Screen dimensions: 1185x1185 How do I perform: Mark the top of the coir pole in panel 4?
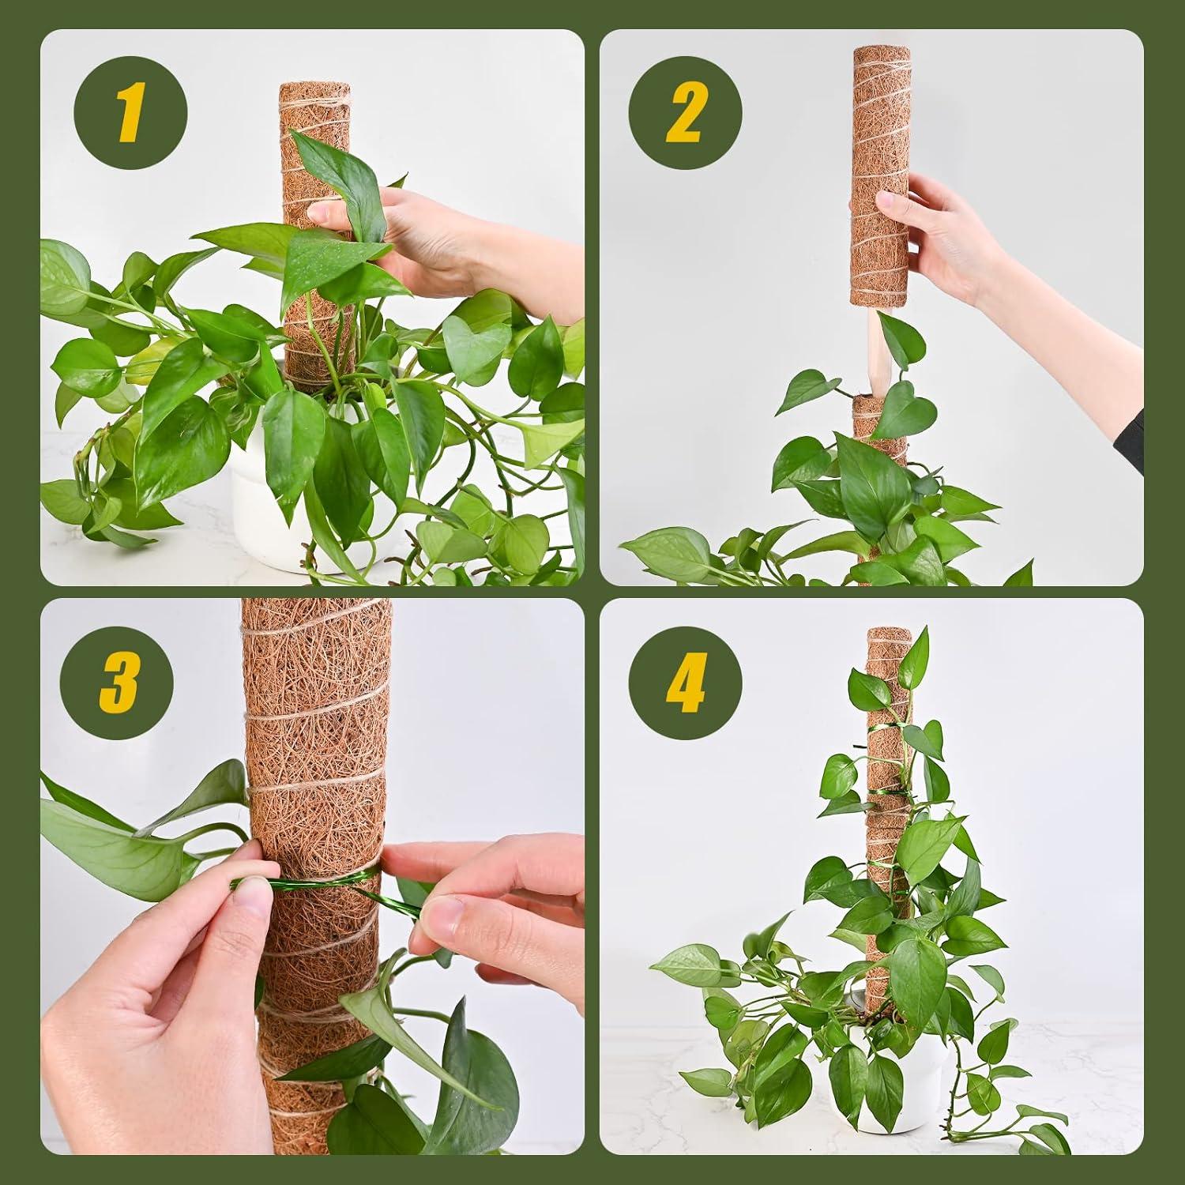[889, 634]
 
